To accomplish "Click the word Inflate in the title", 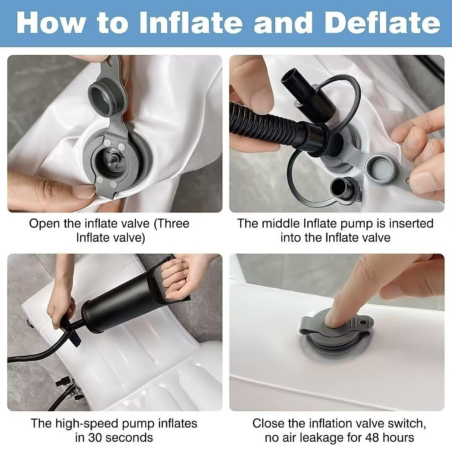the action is click(190, 23).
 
